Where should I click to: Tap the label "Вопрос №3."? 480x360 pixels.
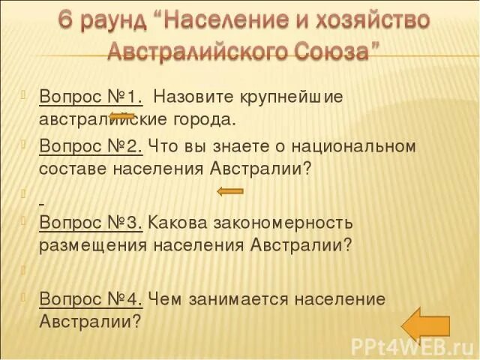tap(91, 222)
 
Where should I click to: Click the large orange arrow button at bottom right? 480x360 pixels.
tap(425, 323)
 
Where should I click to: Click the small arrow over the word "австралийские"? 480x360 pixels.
tap(122, 116)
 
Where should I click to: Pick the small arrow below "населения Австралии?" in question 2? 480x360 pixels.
tap(230, 191)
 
